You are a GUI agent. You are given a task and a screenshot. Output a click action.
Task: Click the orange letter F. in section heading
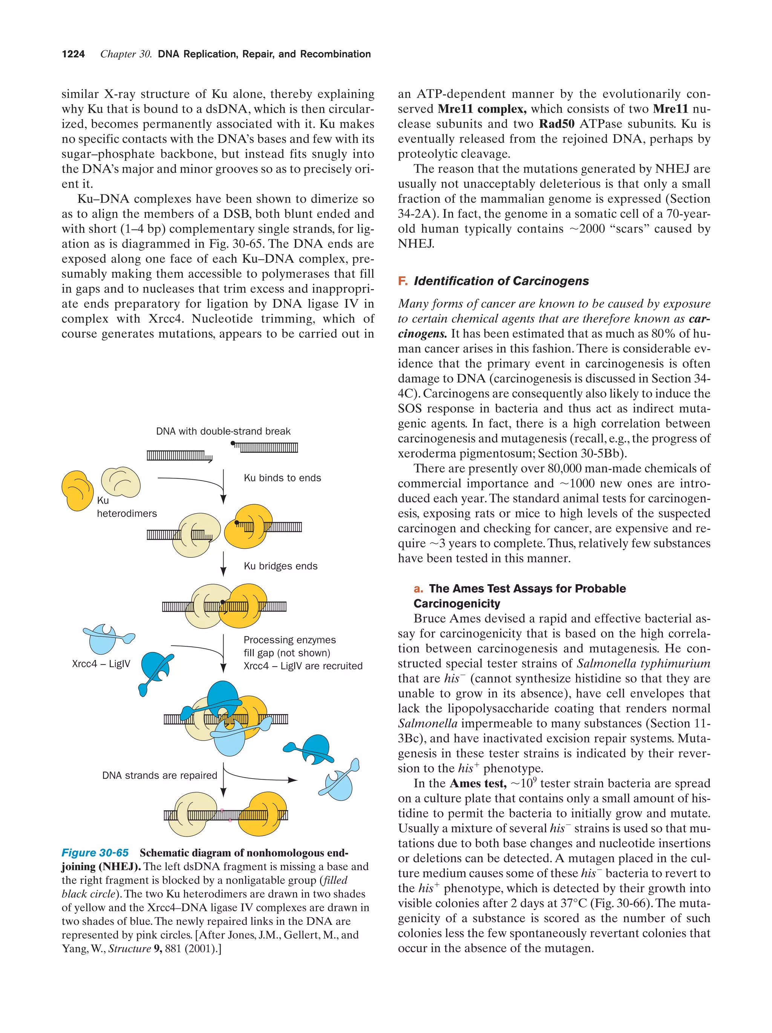coord(403,281)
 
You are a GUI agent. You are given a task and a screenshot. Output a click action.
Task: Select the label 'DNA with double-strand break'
coord(223,431)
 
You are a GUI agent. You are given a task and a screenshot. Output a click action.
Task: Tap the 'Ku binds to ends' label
coord(282,478)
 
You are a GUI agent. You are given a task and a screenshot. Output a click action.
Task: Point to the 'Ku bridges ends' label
coord(280,566)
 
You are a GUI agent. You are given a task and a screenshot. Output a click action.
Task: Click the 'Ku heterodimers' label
coord(126,507)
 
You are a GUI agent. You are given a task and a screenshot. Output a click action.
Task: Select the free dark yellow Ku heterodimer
coord(77,490)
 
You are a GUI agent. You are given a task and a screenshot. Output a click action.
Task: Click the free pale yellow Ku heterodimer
coord(121,482)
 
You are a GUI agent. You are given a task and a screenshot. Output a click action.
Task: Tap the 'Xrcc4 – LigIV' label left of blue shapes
coord(101,664)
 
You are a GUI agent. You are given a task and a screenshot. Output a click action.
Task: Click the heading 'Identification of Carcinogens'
coord(501,281)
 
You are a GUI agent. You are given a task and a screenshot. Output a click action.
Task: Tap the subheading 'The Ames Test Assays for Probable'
coord(527,588)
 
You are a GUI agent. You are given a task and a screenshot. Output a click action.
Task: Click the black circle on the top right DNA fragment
coord(233,443)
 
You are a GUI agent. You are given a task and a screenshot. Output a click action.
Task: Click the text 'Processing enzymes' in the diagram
coord(289,640)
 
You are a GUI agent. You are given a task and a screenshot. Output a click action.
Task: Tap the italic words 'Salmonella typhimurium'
coord(643,663)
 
